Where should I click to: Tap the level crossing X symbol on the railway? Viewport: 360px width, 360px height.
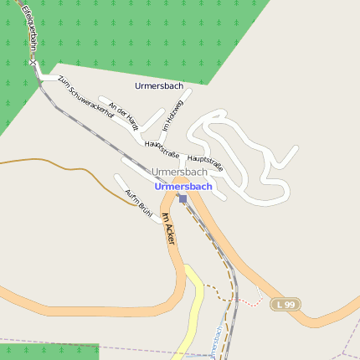[33, 63]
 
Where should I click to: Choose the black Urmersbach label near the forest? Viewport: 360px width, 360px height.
[158, 85]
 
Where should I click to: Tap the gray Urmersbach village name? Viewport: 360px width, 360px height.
[179, 172]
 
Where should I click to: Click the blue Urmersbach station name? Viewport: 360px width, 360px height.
[183, 186]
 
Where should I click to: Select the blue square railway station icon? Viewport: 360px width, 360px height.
[183, 198]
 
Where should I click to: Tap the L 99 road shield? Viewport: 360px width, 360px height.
[285, 305]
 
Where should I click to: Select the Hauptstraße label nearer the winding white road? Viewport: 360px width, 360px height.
[206, 162]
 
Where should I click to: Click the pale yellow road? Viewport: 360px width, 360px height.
[194, 310]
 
